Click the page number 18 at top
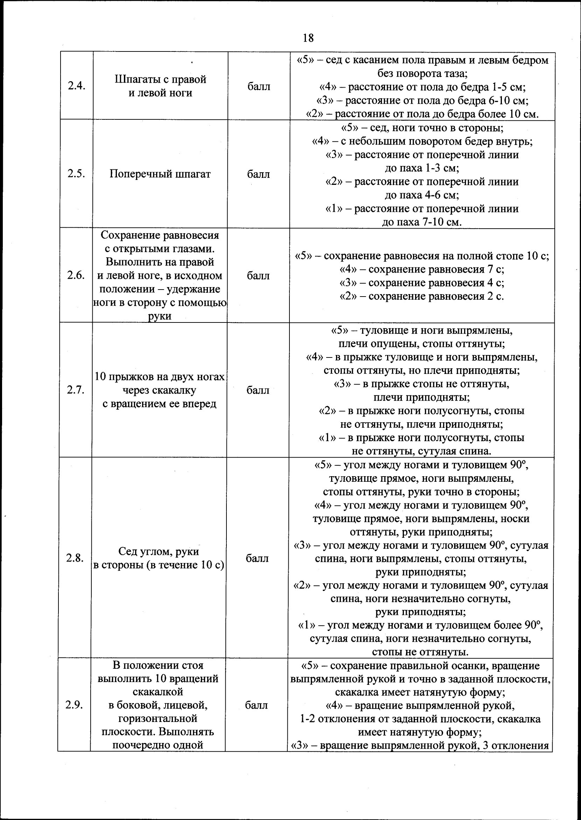coord(308,37)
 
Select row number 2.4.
coord(77,86)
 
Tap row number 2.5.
coord(76,174)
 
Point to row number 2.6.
coord(76,275)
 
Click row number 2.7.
coord(76,390)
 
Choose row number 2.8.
coord(75,558)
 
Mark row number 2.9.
coord(74,705)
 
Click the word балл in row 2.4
coord(259,86)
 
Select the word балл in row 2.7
coord(258,390)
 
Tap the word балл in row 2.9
coord(256,705)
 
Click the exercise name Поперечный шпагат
coord(160,174)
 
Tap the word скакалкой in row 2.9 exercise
coord(158,692)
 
